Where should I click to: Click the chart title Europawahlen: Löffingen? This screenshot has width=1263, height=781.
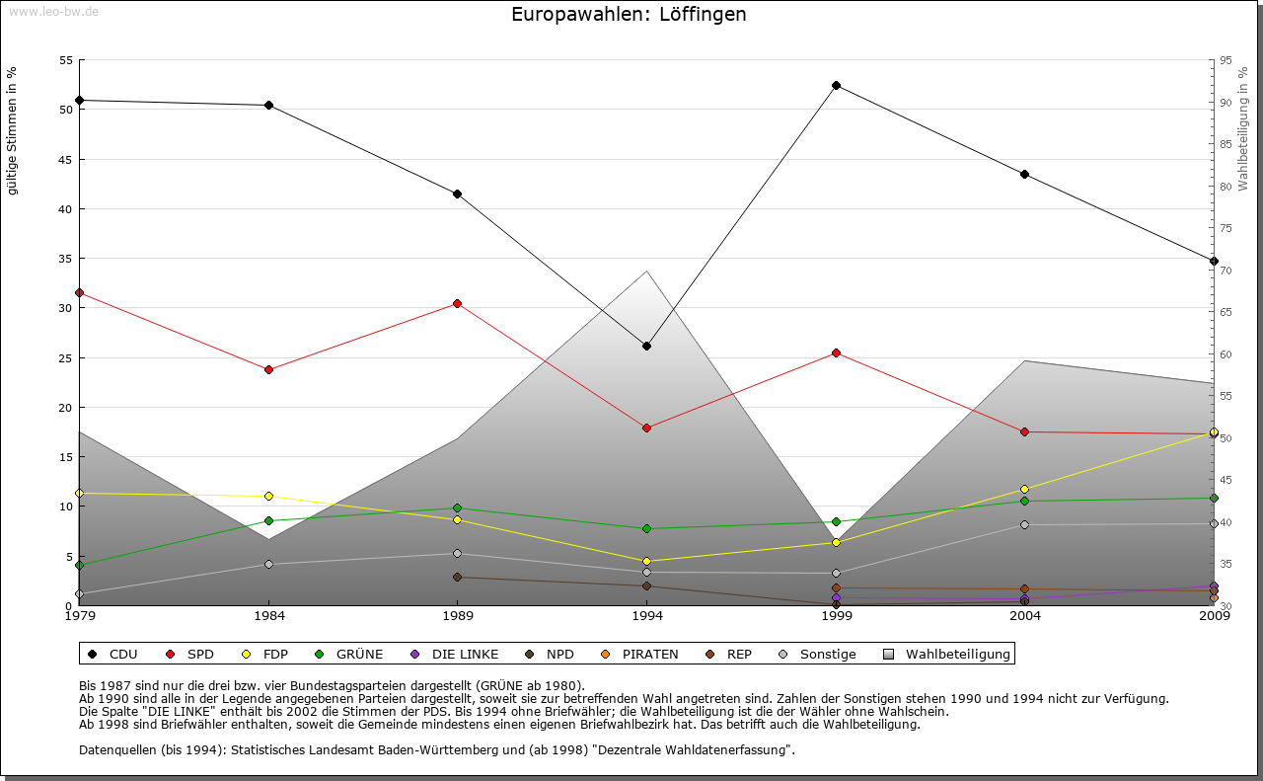pyautogui.click(x=629, y=15)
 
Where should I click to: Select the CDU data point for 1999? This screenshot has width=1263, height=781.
pyautogui.click(x=836, y=85)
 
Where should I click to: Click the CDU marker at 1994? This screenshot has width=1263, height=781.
pyautogui.click(x=646, y=346)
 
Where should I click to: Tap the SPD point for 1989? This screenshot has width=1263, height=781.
pyautogui.click(x=457, y=303)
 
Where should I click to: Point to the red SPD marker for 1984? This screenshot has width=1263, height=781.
pyautogui.click(x=268, y=369)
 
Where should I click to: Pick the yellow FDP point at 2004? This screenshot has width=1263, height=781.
pyautogui.click(x=1025, y=489)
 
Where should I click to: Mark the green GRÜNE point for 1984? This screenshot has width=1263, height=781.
pyautogui.click(x=268, y=520)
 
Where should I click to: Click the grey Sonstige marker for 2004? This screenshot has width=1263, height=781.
pyautogui.click(x=1025, y=524)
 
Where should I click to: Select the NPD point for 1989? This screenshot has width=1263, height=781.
pyautogui.click(x=457, y=577)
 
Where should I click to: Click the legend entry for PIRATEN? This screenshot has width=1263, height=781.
pyautogui.click(x=640, y=654)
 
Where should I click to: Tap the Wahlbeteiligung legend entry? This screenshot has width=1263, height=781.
pyautogui.click(x=946, y=654)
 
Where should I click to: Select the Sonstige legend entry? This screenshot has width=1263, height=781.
pyautogui.click(x=818, y=654)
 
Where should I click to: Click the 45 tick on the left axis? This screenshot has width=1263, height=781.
pyautogui.click(x=66, y=159)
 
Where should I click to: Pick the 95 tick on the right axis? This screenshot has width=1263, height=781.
pyautogui.click(x=1226, y=60)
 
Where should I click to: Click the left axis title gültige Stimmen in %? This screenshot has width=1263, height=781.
pyautogui.click(x=13, y=130)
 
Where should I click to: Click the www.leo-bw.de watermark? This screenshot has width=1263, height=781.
pyautogui.click(x=52, y=11)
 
